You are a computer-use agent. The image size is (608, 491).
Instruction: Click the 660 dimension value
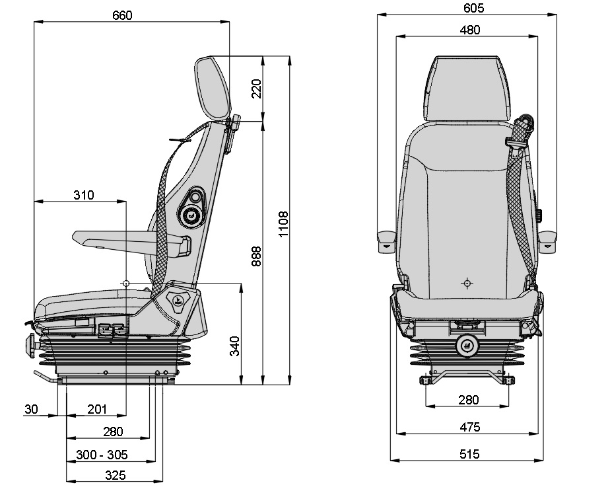tap(123, 15)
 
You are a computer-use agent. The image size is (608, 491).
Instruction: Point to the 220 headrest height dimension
tap(256, 88)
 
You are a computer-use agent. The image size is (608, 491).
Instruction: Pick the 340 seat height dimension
tap(234, 346)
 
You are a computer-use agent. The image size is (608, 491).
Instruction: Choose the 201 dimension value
tap(97, 410)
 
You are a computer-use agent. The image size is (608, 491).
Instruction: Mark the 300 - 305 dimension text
tap(102, 455)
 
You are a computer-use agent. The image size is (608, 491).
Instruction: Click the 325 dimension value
tap(115, 475)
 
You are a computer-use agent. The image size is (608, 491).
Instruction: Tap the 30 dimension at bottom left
tap(31, 410)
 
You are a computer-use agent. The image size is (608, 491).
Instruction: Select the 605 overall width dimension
tap(474, 8)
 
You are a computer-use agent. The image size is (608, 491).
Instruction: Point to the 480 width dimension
tap(470, 30)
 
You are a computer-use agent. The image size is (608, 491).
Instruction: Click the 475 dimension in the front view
tap(469, 427)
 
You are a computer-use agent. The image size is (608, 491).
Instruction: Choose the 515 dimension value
tap(469, 454)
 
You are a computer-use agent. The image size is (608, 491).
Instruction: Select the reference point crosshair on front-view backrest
tap(467, 283)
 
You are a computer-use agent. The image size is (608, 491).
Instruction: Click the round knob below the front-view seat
tap(467, 345)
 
